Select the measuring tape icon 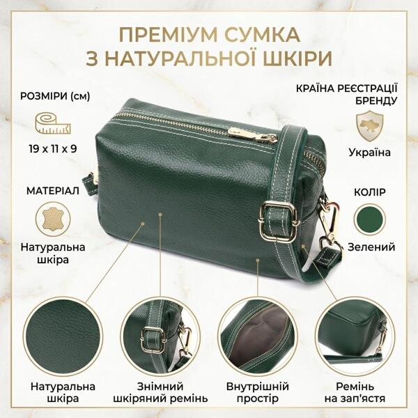(x=54, y=123)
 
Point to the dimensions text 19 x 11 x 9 (x=53, y=149)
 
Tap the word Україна (x=369, y=153)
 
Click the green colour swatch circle (x=370, y=219)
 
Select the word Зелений (x=371, y=247)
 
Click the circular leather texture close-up (x=63, y=337)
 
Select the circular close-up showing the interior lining (x=258, y=337)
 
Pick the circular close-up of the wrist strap (x=355, y=337)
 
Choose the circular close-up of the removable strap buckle (x=160, y=337)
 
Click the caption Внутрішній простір (x=258, y=392)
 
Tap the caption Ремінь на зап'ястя (x=355, y=392)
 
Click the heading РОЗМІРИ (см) (x=55, y=97)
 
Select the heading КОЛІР (x=370, y=192)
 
